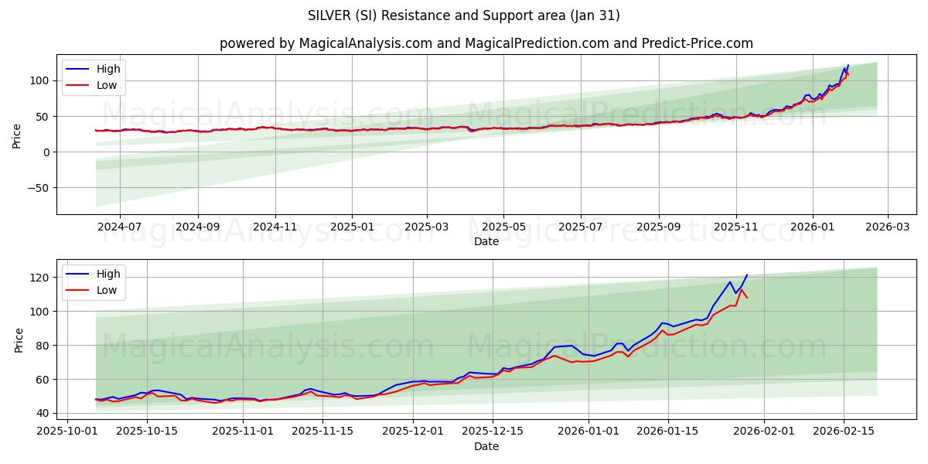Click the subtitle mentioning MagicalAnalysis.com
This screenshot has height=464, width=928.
point(486,43)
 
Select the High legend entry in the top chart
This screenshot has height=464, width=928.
point(107,69)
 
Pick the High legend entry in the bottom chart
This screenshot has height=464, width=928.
point(107,274)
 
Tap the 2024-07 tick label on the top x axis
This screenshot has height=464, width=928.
point(120,227)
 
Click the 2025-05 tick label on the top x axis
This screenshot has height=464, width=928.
point(503,227)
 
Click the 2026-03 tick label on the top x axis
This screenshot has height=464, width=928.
point(887,227)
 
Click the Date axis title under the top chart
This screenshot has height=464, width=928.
point(486,241)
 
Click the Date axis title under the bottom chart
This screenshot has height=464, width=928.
point(486,446)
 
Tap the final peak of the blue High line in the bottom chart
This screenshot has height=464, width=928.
point(747,275)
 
